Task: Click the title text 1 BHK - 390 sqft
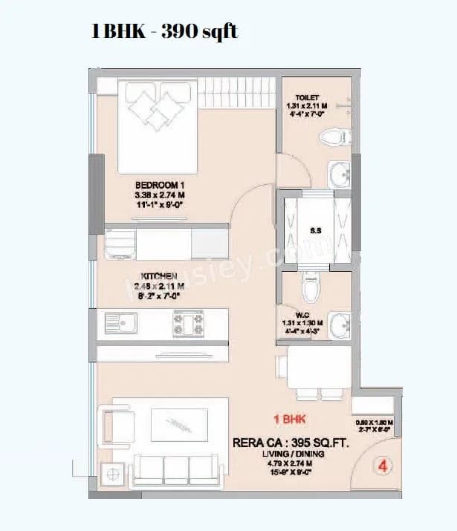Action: (x=164, y=32)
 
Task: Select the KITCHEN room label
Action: (x=158, y=276)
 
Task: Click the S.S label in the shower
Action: (x=316, y=230)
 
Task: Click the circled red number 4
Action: (x=383, y=468)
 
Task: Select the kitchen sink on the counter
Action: (x=126, y=324)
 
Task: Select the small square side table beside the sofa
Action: (x=114, y=472)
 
